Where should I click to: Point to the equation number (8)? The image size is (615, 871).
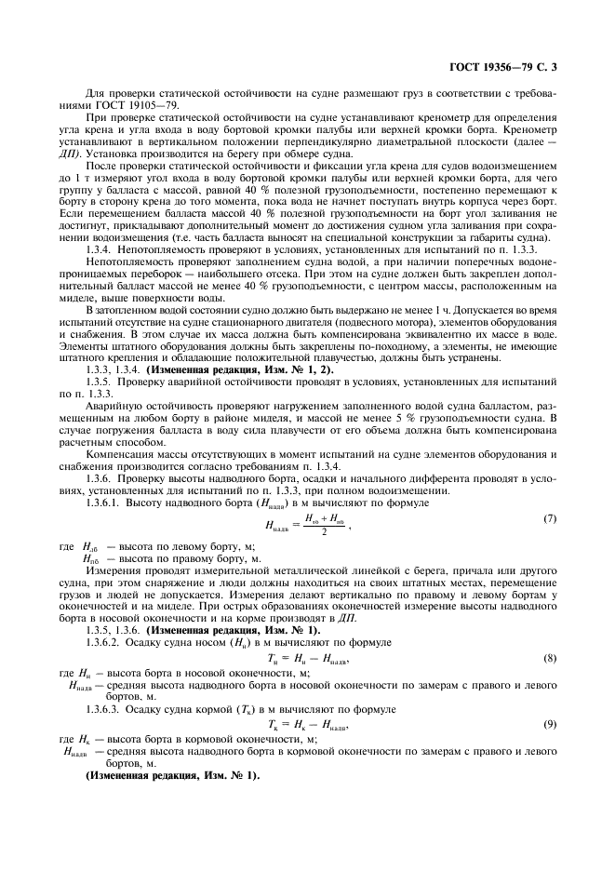pyautogui.click(x=549, y=658)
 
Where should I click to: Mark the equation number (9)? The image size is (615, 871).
pyautogui.click(x=549, y=723)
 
